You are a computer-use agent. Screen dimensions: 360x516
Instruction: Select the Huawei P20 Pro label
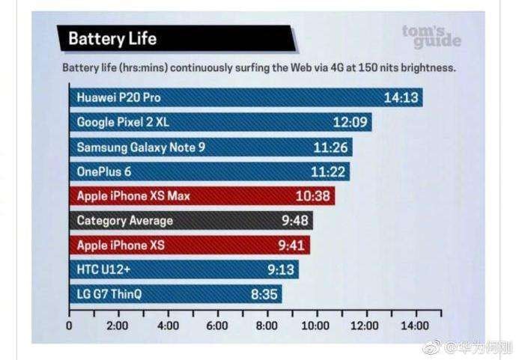pos(118,97)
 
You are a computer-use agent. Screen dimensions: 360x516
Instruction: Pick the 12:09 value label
pos(348,122)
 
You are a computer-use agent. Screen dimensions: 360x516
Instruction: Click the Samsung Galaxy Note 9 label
pos(141,147)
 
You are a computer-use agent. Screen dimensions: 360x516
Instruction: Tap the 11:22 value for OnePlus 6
pos(327,171)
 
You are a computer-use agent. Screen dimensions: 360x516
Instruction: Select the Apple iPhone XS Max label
pos(133,196)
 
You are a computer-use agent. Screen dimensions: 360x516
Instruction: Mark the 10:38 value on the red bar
pos(312,196)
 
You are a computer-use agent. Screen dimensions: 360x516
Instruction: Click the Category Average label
pos(124,221)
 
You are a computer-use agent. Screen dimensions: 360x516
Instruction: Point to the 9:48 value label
pos(292,221)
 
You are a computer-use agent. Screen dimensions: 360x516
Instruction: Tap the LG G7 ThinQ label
pos(109,294)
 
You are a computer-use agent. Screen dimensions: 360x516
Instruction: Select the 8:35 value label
pos(264,294)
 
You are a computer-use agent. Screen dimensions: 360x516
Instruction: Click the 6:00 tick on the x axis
pos(216,326)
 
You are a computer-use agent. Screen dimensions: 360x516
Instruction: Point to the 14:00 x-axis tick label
pos(415,326)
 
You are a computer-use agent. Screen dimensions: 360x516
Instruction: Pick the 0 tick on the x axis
pos(69,326)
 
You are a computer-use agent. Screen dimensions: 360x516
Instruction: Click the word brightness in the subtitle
pos(426,67)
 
